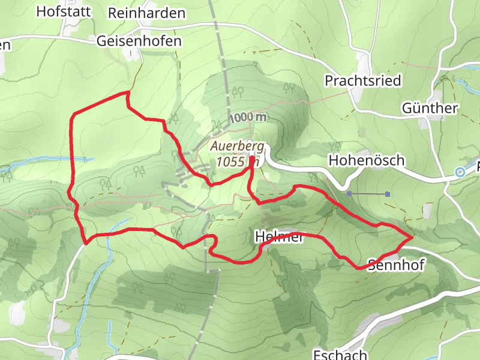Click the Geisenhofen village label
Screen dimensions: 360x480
click(139, 41)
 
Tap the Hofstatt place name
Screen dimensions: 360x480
click(64, 11)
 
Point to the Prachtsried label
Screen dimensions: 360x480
click(362, 80)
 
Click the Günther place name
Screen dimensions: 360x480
click(430, 109)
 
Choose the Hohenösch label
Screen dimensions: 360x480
click(367, 161)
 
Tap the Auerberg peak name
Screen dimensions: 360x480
click(236, 146)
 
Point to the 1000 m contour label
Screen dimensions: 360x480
click(247, 118)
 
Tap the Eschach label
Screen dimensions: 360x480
click(339, 354)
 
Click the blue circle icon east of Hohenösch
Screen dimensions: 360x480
click(460, 172)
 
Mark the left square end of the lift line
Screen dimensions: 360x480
click(349, 194)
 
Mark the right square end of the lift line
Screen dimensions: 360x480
click(388, 194)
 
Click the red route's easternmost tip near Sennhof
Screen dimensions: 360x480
click(412, 238)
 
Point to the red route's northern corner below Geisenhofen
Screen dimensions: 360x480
click(127, 92)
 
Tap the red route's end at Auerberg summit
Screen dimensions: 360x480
click(251, 166)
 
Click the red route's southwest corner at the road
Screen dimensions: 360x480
click(86, 243)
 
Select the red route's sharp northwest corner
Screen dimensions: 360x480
click(73, 113)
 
